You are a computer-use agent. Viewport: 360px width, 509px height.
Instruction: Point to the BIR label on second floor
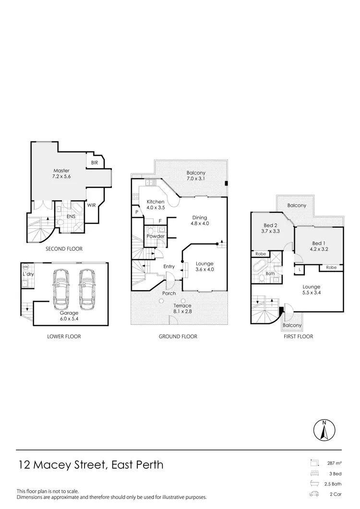click(94, 163)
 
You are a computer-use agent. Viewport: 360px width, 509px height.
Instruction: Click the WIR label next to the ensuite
click(91, 205)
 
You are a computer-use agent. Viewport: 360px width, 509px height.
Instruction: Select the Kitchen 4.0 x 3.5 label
click(155, 204)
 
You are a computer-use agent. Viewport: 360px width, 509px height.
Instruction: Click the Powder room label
click(156, 236)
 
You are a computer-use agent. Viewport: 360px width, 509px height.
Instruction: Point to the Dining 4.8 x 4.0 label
click(199, 220)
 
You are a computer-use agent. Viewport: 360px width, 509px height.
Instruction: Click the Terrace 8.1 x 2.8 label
click(182, 308)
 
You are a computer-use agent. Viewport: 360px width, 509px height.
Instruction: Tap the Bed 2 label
click(271, 228)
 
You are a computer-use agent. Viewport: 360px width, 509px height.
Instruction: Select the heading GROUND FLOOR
click(178, 336)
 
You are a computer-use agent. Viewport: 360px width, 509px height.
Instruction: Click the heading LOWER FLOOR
click(64, 336)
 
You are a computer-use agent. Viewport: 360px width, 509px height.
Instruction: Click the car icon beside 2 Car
click(314, 494)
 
